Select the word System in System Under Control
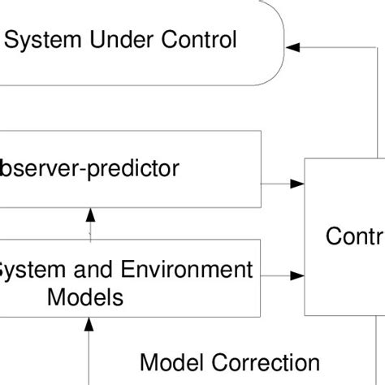[45, 38]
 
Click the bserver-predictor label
[89, 169]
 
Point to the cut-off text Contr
[354, 236]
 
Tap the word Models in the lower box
[86, 296]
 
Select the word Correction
[262, 361]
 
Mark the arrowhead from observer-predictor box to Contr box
[297, 184]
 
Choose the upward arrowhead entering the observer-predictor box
[90, 214]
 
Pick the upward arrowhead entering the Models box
[90, 325]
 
